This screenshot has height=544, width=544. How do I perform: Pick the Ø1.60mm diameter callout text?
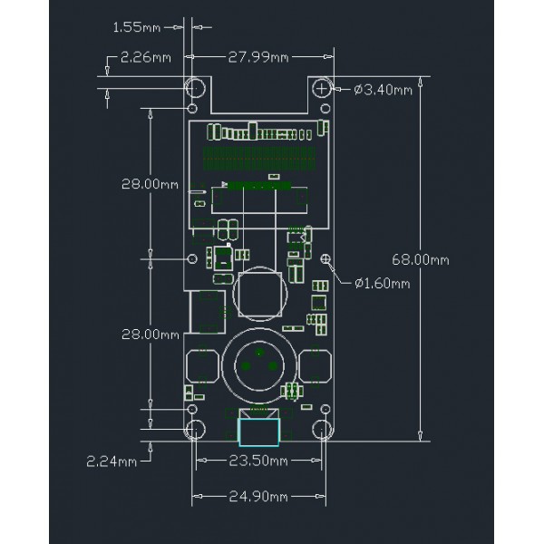[x=382, y=283]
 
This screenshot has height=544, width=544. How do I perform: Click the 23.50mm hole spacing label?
[x=258, y=461]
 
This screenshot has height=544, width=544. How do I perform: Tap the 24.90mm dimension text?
[x=258, y=497]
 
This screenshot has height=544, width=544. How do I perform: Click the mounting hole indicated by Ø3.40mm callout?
[x=324, y=88]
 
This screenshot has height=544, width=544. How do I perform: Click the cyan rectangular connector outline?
[x=258, y=431]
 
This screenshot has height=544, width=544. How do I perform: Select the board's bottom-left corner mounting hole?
[x=195, y=430]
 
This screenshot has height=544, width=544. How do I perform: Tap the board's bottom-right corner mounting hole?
[x=323, y=430]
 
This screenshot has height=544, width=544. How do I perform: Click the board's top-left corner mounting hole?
[x=195, y=88]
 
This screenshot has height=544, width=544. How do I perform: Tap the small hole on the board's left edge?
[x=191, y=259]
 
